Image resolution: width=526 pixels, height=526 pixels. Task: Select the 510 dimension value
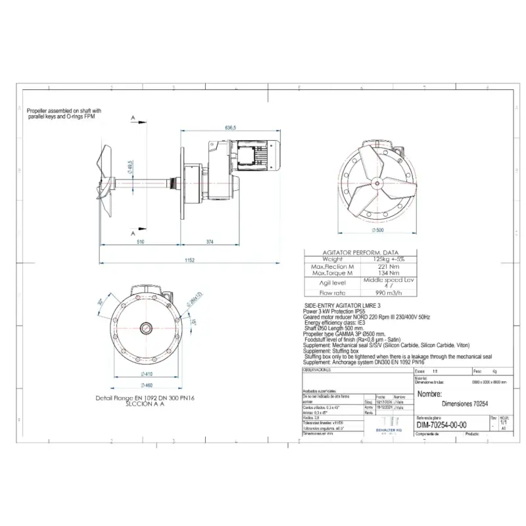pyautogui.click(x=140, y=243)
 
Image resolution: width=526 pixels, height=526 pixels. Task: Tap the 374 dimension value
pyautogui.click(x=210, y=243)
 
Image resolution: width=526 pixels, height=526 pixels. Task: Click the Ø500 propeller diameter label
pyautogui.click(x=377, y=231)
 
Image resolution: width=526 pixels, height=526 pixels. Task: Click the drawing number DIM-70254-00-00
pyautogui.click(x=442, y=425)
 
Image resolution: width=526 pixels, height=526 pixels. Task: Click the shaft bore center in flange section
pyautogui.click(x=142, y=327)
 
